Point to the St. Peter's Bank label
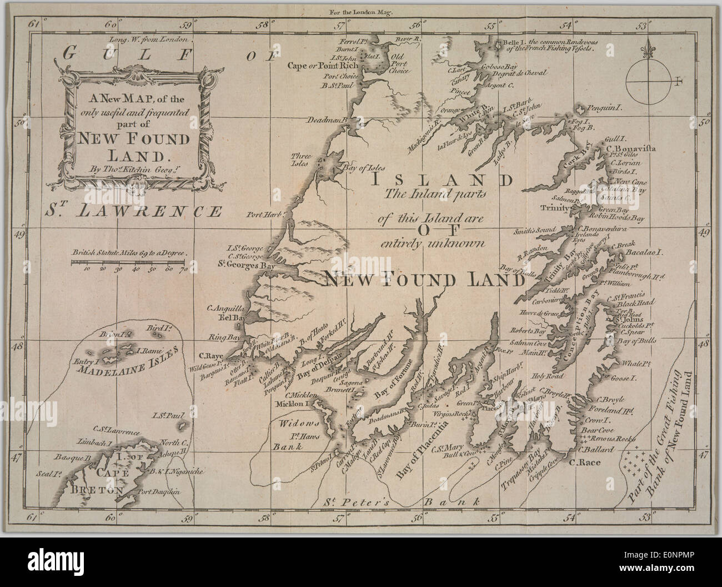400,503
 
